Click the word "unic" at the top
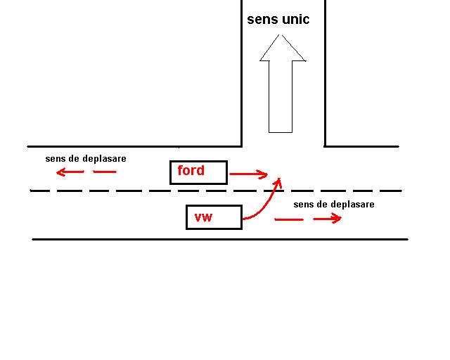coord(295,19)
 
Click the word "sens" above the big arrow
coord(262,19)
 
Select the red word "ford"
coord(191,170)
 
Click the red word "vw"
coord(203,217)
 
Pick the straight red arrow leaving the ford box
coord(250,174)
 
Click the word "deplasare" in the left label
coord(104,158)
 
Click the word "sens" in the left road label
coord(55,158)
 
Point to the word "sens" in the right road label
coord(303,204)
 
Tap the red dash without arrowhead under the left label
coord(104,172)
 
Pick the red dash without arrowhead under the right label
coord(288,219)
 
